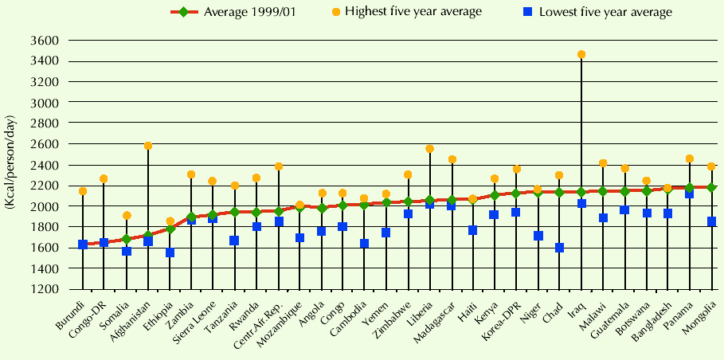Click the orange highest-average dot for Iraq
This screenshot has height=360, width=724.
point(581,55)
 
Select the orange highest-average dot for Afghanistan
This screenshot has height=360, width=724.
point(148,146)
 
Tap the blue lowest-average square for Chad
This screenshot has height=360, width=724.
point(560,248)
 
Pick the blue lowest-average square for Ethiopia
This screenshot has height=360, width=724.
point(170,252)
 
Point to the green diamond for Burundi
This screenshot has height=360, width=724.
point(83,245)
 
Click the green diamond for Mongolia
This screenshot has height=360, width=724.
point(711,187)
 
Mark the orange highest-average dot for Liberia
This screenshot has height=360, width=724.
point(430,149)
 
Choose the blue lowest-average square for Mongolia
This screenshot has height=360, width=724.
point(711,221)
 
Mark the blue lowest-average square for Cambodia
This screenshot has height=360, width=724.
point(364,244)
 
